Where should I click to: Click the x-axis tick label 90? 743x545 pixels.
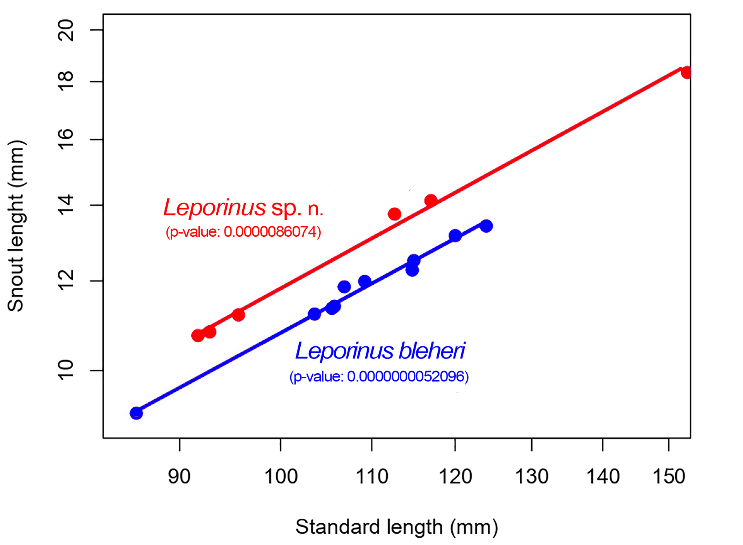tap(179, 477)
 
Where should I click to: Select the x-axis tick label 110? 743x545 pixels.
tap(371, 477)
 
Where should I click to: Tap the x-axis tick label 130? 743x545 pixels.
tap(532, 477)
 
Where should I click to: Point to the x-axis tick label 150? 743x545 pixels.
tap(669, 477)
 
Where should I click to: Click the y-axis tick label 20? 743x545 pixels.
tap(66, 30)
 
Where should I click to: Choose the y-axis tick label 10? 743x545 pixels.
tap(66, 370)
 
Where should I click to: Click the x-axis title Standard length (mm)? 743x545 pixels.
tap(397, 527)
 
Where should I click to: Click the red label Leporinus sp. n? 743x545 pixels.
tap(243, 208)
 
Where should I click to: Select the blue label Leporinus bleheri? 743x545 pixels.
tap(380, 351)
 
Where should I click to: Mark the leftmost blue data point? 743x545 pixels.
tap(136, 413)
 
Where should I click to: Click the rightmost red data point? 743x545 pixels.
tap(687, 72)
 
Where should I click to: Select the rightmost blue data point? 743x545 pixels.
tap(486, 226)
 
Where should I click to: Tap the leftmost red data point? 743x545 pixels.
tap(198, 336)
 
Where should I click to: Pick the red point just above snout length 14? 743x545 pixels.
tap(431, 200)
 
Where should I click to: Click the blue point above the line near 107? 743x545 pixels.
tap(344, 287)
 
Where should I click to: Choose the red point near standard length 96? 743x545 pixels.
tap(238, 315)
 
